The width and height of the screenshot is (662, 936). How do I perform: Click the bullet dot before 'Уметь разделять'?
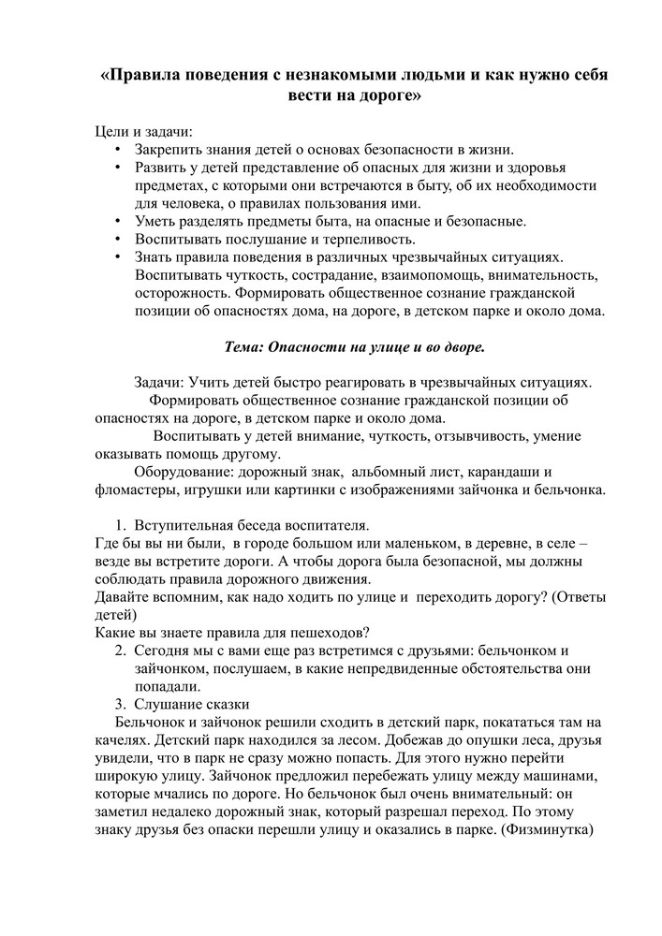pyautogui.click(x=118, y=221)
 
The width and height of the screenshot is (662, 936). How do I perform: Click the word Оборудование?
pyautogui.click(x=181, y=471)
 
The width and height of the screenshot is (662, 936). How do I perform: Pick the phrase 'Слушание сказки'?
pyautogui.click(x=191, y=703)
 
